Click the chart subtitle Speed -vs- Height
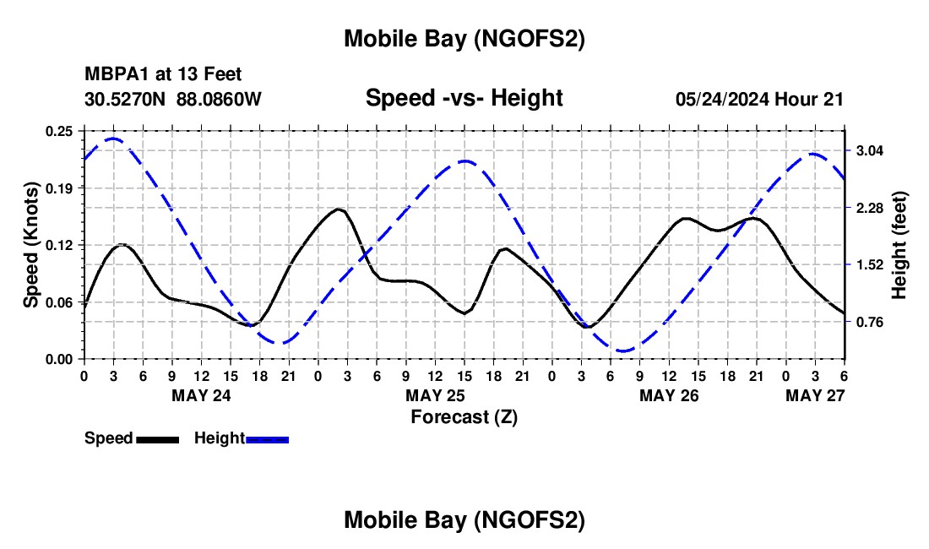coord(464,98)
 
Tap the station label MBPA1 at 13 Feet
coord(163,75)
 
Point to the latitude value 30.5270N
coord(126,99)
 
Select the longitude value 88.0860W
coord(219,99)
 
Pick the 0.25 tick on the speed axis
coord(60,130)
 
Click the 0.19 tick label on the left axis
coord(60,188)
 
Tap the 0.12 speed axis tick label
coord(60,245)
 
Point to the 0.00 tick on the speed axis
coord(60,359)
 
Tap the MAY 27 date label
coord(815,395)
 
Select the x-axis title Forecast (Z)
coord(464,416)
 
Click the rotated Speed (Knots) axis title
coord(31,245)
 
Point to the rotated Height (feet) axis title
coord(899,245)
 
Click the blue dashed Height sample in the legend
coord(267,438)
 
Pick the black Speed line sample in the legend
coord(157,438)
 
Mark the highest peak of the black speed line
coord(339,209)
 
